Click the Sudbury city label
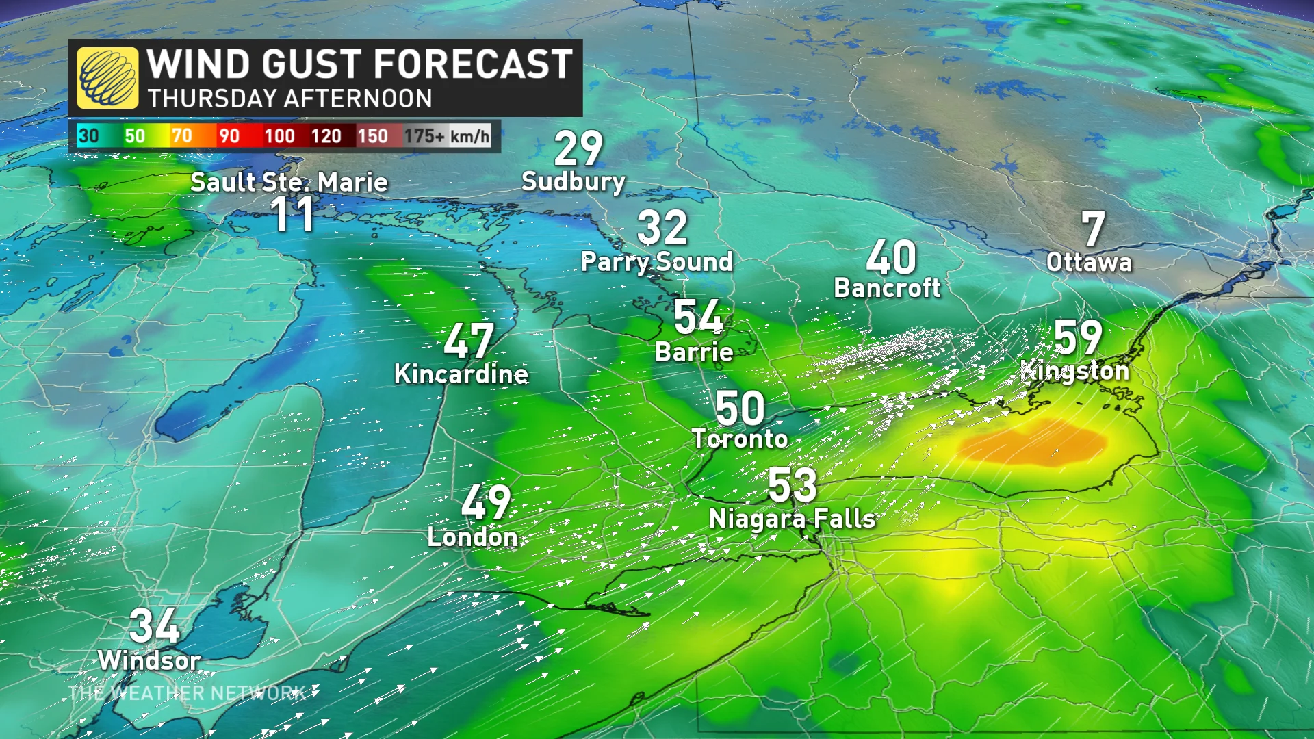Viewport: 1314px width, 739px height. (574, 181)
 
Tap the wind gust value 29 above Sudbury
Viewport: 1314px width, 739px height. (578, 148)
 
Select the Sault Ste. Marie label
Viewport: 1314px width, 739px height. (289, 182)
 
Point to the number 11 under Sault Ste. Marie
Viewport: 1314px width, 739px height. (293, 215)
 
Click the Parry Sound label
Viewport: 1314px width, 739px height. (656, 261)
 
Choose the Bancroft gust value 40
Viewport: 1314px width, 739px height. (890, 258)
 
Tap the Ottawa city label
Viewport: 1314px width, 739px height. (1089, 262)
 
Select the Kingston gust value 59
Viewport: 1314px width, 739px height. (1078, 337)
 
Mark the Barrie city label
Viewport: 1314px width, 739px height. (694, 352)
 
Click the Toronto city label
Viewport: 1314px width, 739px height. (740, 439)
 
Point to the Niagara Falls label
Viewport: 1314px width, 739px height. (792, 519)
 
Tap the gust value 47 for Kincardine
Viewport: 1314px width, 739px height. (469, 341)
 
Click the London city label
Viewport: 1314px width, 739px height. (472, 537)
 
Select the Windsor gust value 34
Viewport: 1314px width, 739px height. (155, 625)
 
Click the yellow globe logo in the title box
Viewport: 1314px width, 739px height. (107, 78)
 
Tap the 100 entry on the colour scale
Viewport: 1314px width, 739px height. (279, 136)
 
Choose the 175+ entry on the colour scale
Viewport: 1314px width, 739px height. (424, 136)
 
